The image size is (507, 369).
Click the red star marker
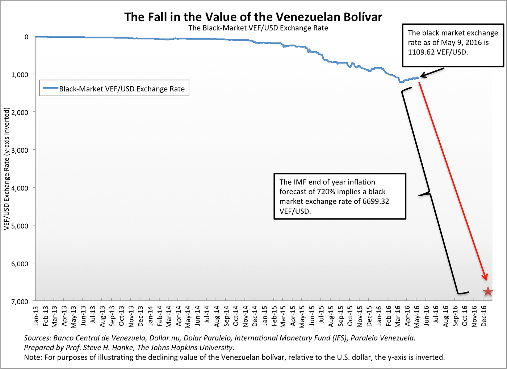coord(488,291)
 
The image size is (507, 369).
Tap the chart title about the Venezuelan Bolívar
coord(253,17)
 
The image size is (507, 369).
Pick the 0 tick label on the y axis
coord(26,37)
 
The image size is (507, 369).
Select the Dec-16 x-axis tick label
coord(483,316)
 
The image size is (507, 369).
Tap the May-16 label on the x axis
coord(417,316)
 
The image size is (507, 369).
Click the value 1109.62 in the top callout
coord(422,52)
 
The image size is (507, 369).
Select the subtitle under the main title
coord(258,28)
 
